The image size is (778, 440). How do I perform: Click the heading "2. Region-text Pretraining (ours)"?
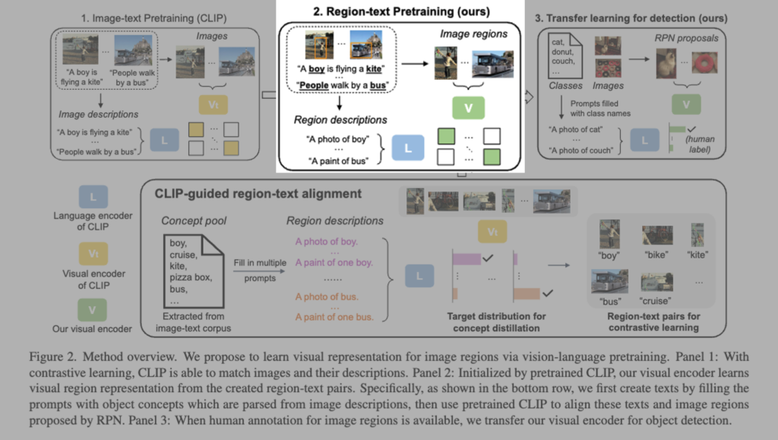click(391, 11)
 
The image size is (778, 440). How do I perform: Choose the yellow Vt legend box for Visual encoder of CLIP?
click(93, 252)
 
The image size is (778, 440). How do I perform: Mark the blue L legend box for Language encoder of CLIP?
click(93, 198)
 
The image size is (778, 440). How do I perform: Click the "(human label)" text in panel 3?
click(701, 144)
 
